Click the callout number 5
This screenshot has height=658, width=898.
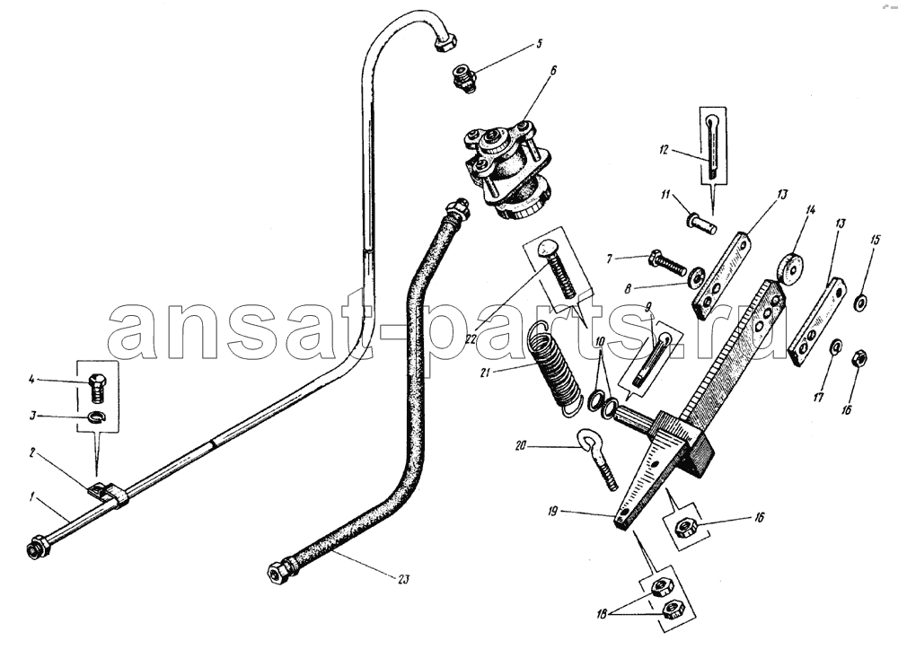(539, 43)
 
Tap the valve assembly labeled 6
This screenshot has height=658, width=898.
(506, 170)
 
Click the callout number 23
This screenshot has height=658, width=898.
(404, 580)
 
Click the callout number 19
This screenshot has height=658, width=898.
(552, 511)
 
